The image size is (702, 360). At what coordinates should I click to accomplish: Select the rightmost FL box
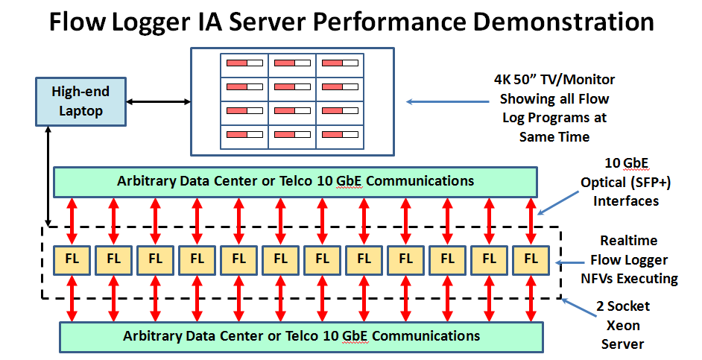(531, 259)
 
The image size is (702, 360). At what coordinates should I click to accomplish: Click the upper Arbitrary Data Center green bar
(295, 180)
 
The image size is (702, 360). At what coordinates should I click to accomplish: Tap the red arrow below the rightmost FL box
(531, 298)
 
